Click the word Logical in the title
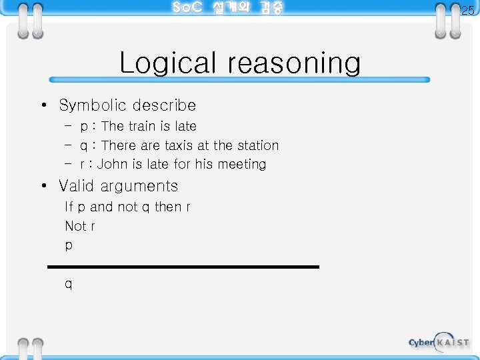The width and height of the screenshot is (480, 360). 168,64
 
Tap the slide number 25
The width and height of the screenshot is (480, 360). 468,10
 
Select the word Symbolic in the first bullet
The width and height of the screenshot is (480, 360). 93,105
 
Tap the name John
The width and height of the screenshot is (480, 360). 111,164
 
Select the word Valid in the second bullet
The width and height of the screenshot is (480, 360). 76,186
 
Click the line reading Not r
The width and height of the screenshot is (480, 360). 80,226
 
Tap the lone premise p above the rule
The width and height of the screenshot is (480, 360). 69,246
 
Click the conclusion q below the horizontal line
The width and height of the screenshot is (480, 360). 69,285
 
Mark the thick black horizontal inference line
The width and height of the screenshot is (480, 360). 183,267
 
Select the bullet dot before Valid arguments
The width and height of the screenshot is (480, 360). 43,186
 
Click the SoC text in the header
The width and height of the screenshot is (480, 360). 187,8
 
